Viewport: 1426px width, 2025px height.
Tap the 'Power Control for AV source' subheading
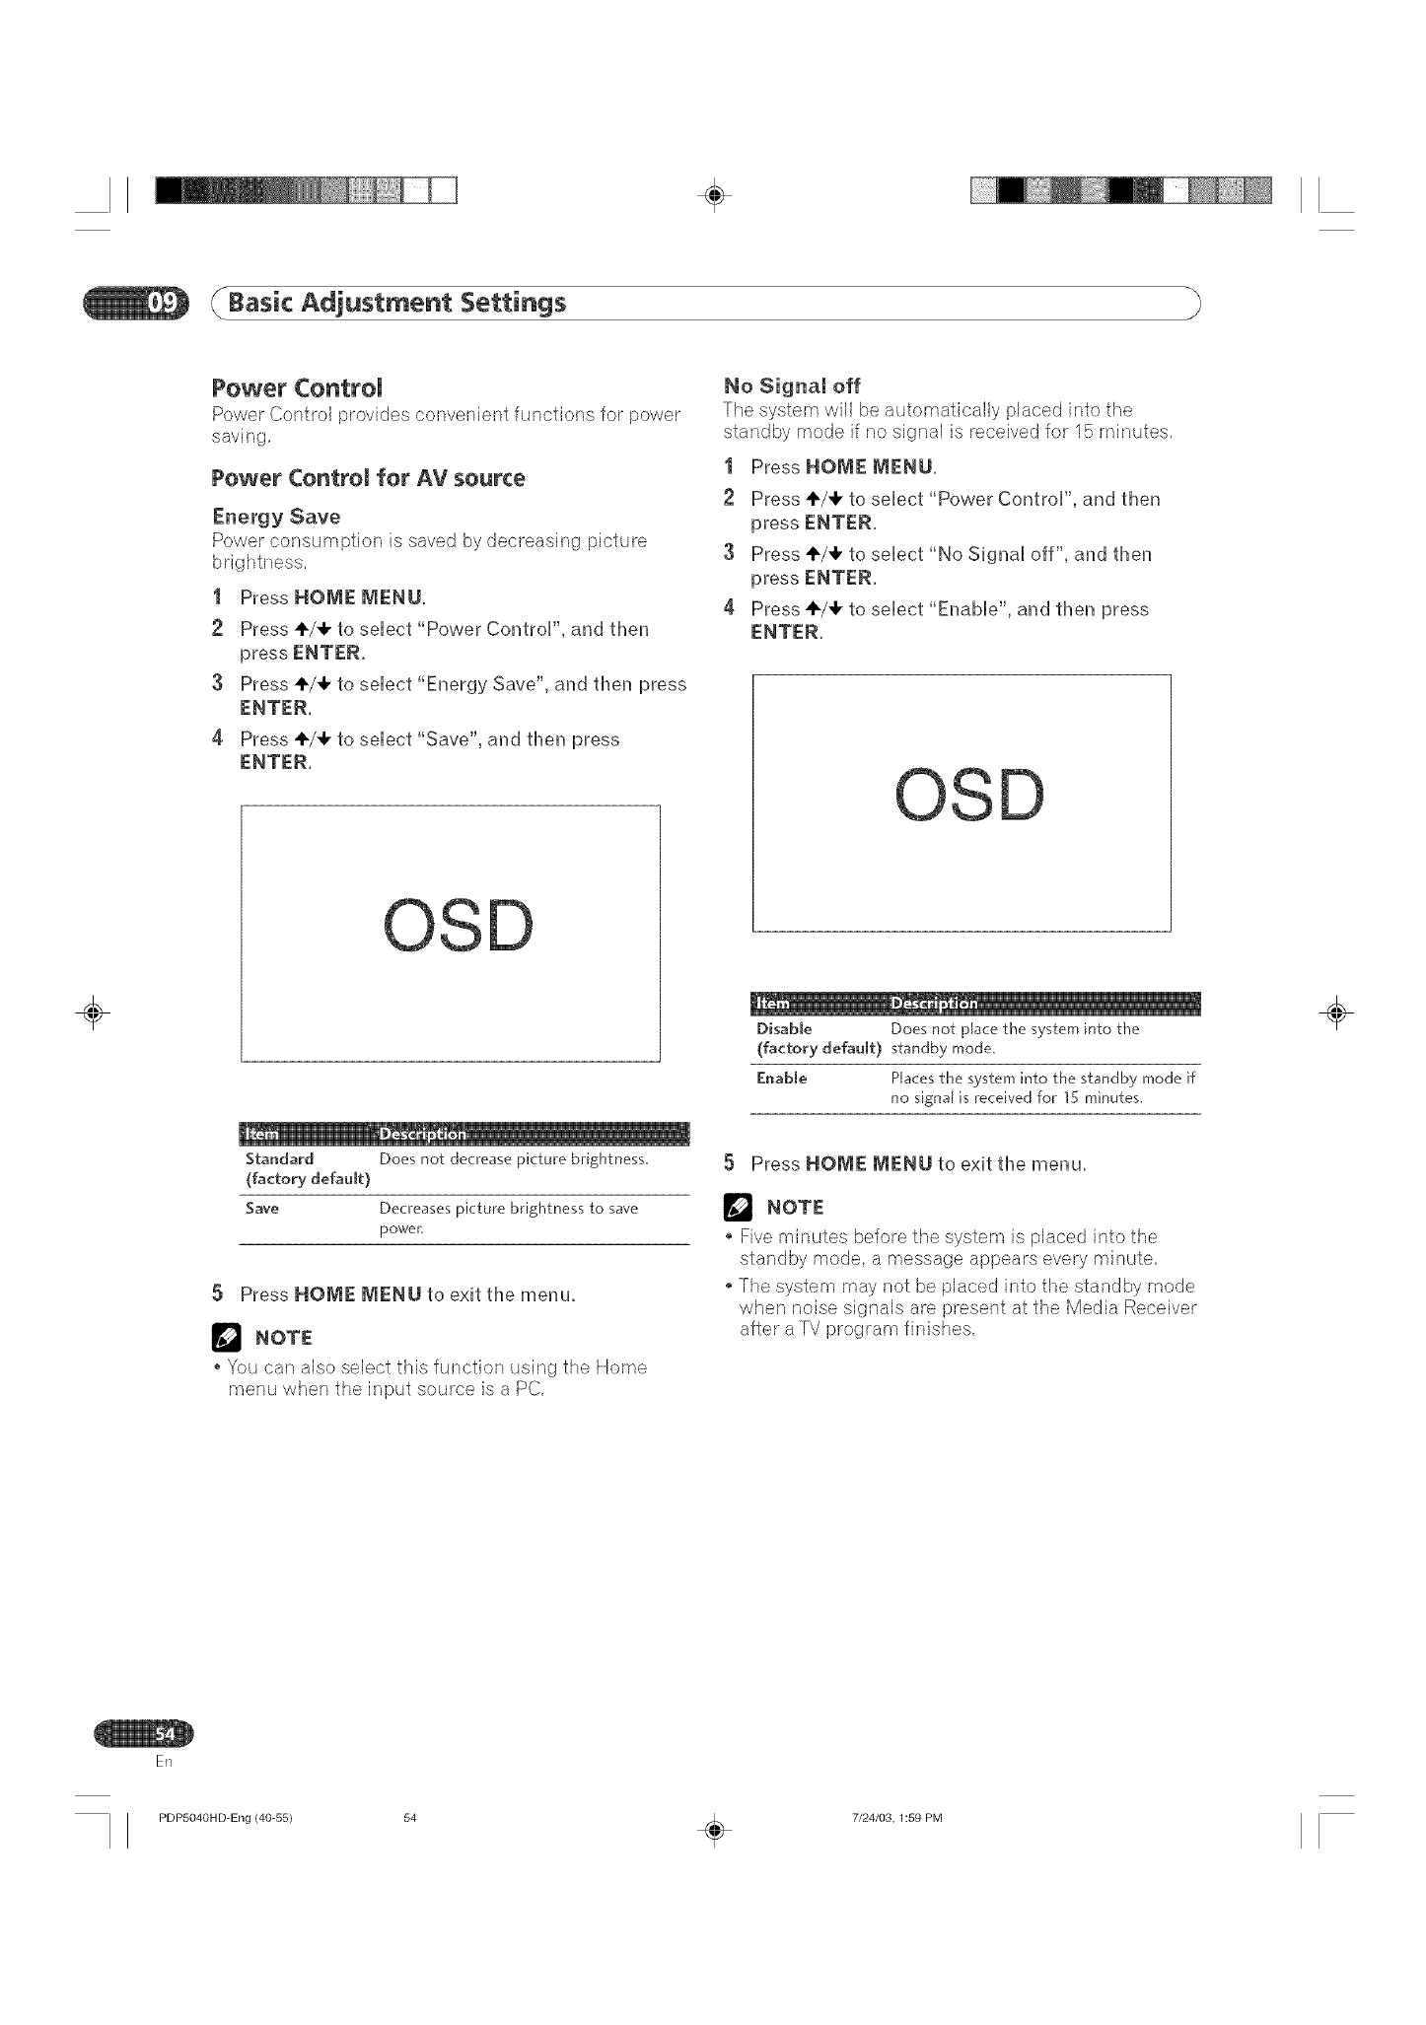point(368,478)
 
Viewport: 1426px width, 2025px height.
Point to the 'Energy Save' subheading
point(276,517)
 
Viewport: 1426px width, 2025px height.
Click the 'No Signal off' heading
point(792,384)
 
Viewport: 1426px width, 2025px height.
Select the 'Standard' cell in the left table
point(279,1158)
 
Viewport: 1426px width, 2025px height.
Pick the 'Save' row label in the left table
point(262,1208)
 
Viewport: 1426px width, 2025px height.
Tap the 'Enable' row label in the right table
point(781,1078)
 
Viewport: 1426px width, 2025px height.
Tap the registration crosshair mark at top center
point(717,194)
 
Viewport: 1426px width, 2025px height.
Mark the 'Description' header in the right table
point(933,1003)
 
